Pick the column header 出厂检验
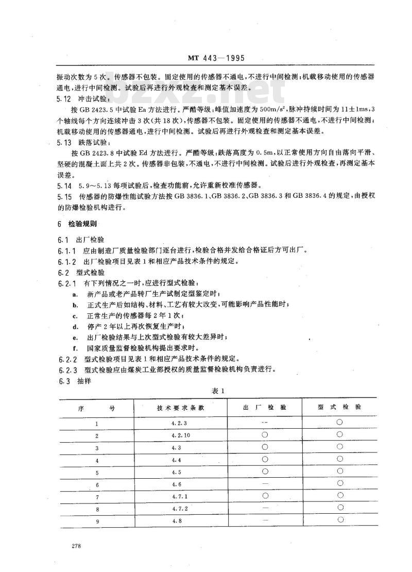[x=265, y=407]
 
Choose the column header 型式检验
[x=339, y=407]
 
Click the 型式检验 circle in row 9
[x=340, y=519]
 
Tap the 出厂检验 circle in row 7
[x=265, y=495]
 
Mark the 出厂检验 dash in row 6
[x=265, y=484]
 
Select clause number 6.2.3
[x=67, y=369]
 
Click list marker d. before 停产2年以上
[x=75, y=327]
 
